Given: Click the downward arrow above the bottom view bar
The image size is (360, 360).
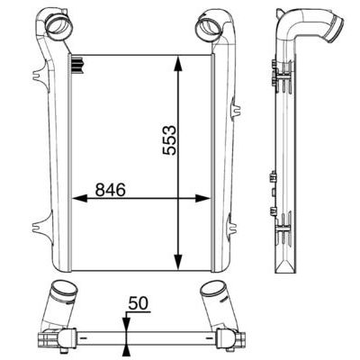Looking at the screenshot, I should (124, 327).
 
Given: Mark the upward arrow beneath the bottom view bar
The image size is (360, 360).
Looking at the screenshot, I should (124, 349).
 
